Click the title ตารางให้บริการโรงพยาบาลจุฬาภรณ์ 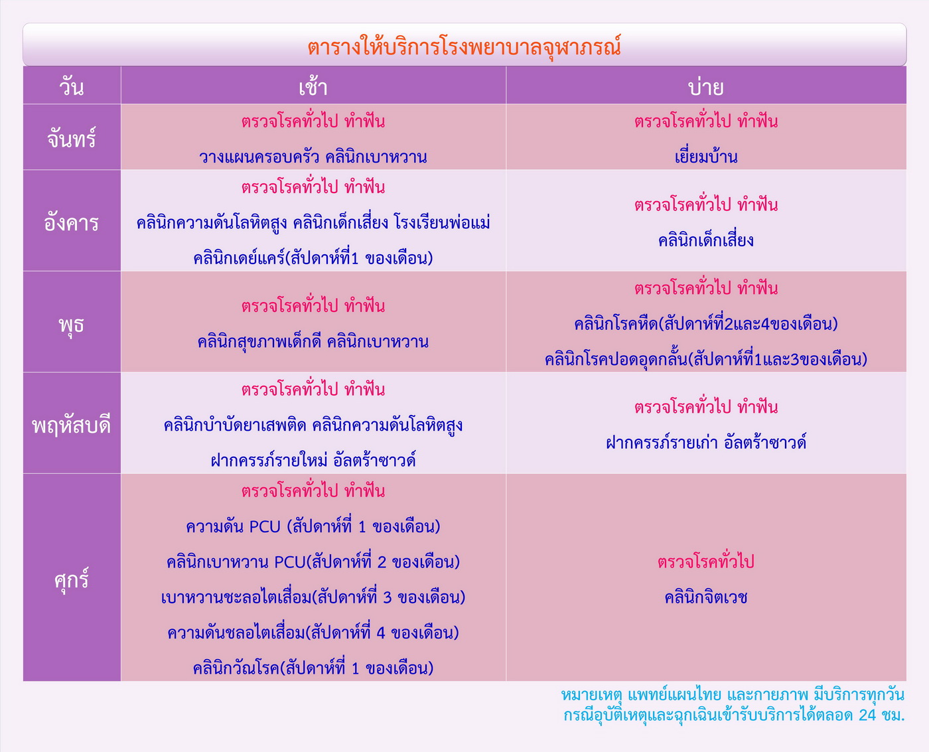pos(464,46)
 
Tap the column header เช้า pos(313,86)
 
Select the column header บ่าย pos(705,86)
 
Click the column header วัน pos(72,86)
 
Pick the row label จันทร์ pos(72,139)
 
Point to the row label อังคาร pos(72,222)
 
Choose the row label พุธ pos(72,325)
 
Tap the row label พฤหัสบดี pos(72,425)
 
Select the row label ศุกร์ pos(72,579)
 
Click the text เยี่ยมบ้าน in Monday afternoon pos(705,156)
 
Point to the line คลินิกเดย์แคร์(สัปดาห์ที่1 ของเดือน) pos(313,258)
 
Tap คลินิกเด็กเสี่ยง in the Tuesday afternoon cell pos(705,240)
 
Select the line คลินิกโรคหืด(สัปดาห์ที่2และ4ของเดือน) pos(705,324)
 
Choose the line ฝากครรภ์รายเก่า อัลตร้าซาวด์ pos(705,442)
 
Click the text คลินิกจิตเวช pos(705,597)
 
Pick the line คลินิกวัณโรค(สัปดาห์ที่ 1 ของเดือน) pos(313,668)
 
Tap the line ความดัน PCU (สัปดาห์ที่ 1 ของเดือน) pos(313,526)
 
